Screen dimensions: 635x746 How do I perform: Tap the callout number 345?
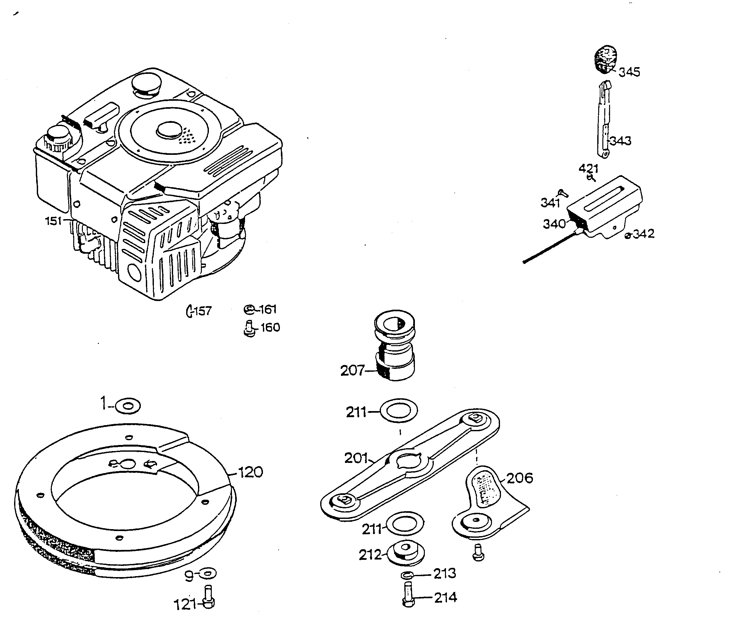(x=629, y=72)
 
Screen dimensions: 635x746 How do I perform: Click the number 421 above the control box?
(x=588, y=169)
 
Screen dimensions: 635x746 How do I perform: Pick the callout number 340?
(x=554, y=224)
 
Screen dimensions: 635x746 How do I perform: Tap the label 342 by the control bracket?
(x=643, y=234)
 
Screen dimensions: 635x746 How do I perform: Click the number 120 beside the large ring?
(x=250, y=472)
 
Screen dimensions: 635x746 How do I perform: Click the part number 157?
(x=203, y=311)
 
